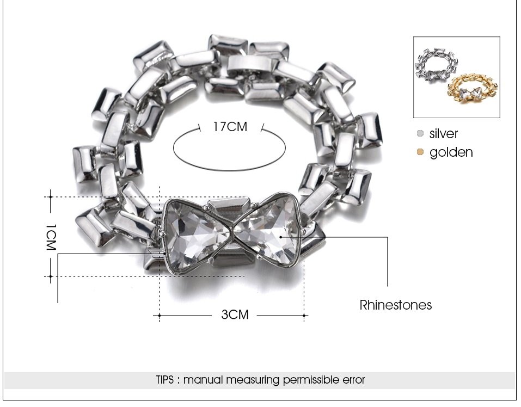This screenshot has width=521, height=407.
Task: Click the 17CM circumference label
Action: tap(230, 127)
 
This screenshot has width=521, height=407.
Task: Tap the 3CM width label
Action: tap(235, 314)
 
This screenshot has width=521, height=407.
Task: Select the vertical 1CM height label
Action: tap(51, 237)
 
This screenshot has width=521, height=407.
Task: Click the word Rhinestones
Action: tap(395, 305)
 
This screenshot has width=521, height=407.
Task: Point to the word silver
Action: tap(444, 134)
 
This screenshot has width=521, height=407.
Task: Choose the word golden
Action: tap(451, 152)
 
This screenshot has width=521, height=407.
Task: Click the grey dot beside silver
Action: tap(420, 133)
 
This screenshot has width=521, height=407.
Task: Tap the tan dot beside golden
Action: tap(420, 152)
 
